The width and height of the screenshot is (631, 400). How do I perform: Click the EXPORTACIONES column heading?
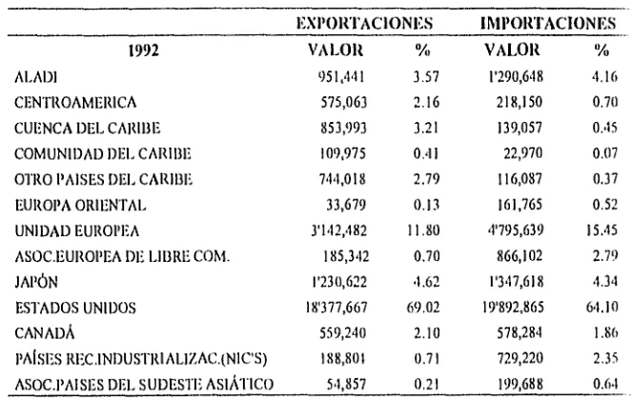[x=365, y=23]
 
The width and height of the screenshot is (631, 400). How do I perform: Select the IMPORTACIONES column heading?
[x=548, y=23]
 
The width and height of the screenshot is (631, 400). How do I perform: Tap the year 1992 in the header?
[x=144, y=50]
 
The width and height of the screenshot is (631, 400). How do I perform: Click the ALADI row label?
[x=36, y=77]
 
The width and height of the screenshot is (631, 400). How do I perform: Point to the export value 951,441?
[x=341, y=76]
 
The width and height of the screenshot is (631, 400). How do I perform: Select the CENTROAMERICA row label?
[x=75, y=103]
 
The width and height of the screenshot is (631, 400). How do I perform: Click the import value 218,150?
[x=519, y=102]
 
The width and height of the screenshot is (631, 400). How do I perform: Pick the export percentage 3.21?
[x=427, y=128]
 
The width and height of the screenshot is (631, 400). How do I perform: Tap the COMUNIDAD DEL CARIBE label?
[x=103, y=154]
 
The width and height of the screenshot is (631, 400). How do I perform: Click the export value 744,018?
[x=342, y=179]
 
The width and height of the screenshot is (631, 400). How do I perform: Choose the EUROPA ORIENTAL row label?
[x=80, y=206]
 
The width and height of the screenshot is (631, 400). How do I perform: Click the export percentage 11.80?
[x=423, y=230]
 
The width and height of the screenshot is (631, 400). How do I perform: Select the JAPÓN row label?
[x=36, y=282]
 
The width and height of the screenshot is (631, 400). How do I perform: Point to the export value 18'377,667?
[x=336, y=308]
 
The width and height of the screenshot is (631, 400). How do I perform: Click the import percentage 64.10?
[x=602, y=308]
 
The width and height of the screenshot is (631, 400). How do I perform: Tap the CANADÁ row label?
[x=45, y=333]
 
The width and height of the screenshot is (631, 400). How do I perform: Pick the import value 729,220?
[x=519, y=359]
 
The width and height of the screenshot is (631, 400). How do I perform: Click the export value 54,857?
[x=346, y=385]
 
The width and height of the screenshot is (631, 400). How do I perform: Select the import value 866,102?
[x=519, y=256]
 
